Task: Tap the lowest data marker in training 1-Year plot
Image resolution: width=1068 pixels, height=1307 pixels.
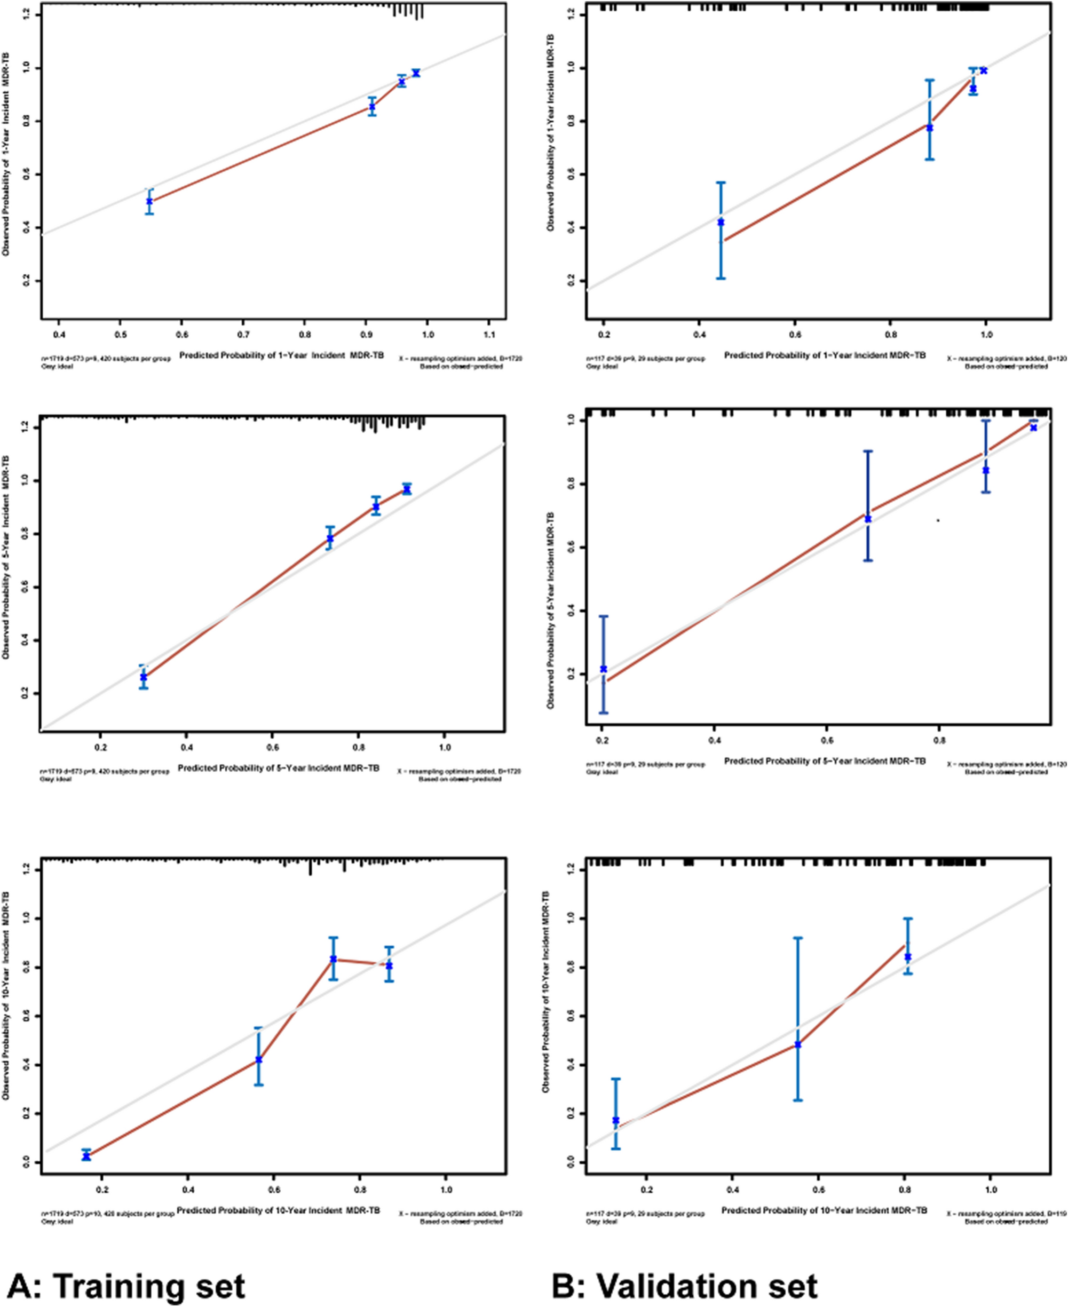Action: coord(149,201)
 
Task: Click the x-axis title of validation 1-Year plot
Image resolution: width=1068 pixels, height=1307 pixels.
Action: coord(825,355)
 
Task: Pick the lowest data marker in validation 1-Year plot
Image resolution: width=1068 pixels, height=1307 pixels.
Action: coord(721,222)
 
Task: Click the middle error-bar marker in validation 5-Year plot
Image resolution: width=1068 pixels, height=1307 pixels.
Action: coord(868,519)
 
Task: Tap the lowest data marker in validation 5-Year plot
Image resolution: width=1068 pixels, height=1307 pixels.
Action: coord(604,669)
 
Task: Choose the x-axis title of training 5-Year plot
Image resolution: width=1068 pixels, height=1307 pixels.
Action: coord(278,768)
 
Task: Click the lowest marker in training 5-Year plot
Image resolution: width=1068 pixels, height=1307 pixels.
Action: coord(144,677)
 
